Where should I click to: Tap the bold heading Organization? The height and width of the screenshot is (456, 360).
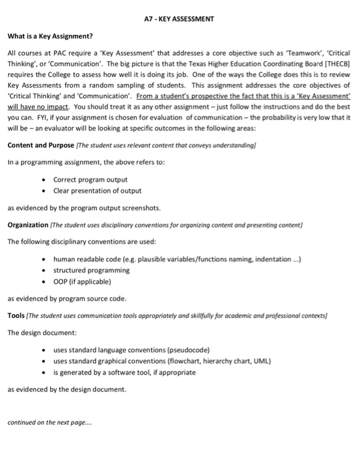tap(30, 225)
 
